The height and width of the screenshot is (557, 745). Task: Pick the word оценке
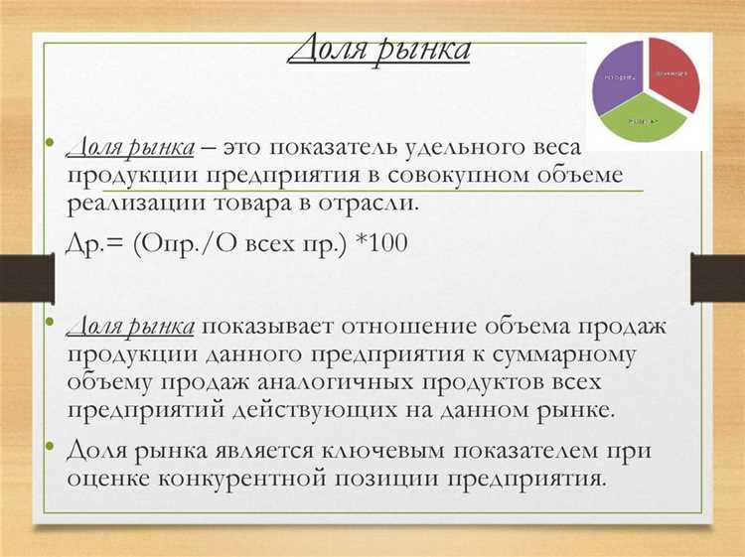coord(109,478)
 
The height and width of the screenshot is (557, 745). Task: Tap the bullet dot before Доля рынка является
coord(48,449)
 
